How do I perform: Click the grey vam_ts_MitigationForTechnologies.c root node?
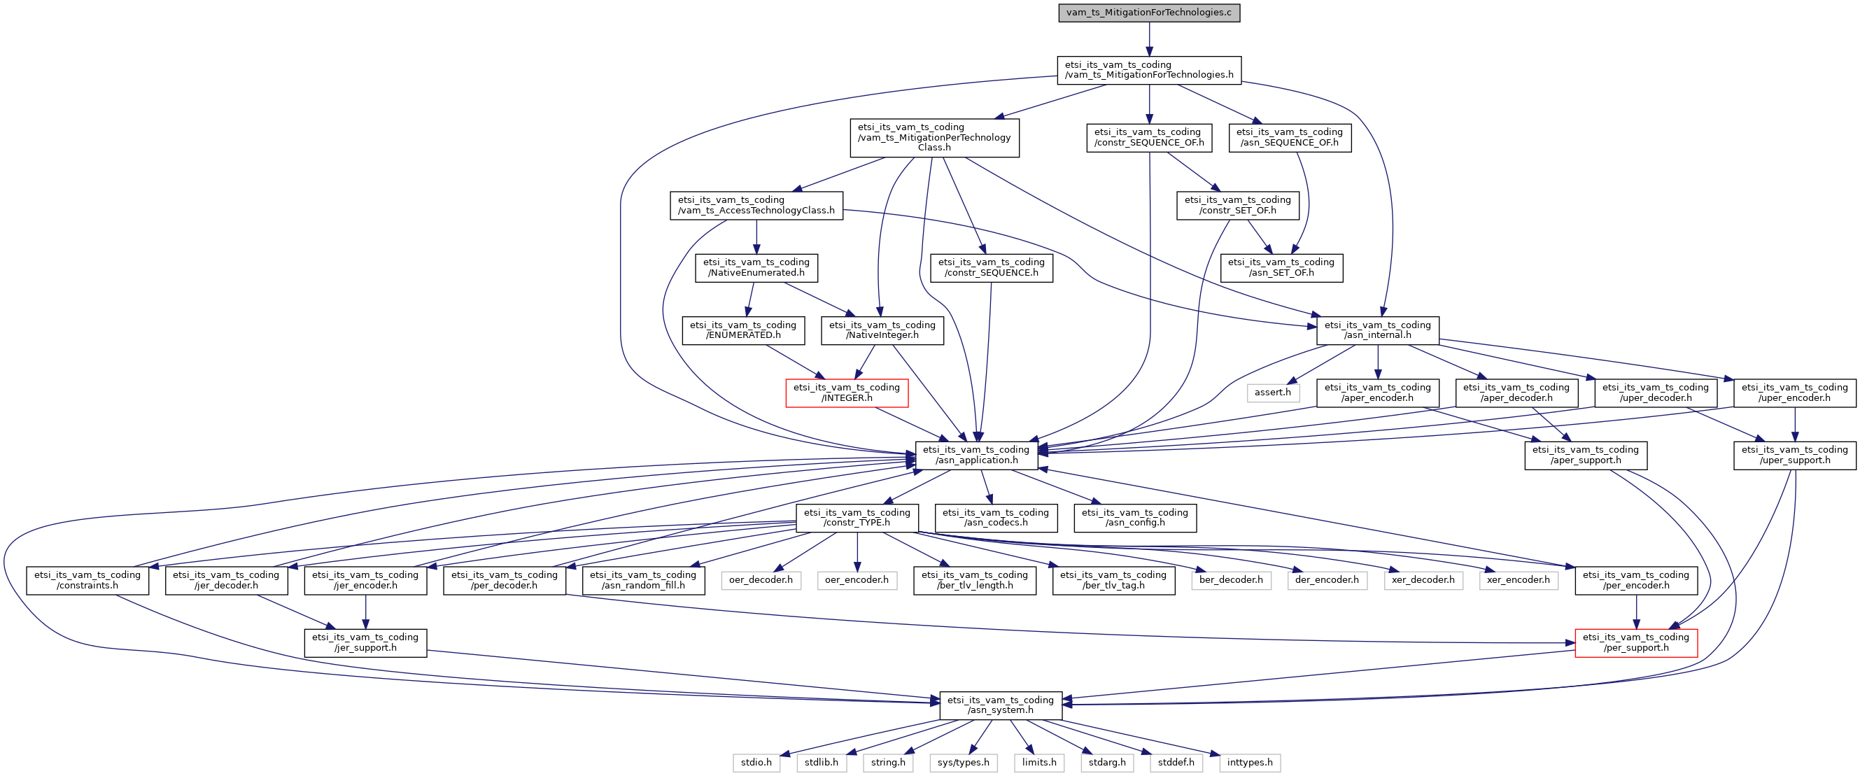coord(1149,13)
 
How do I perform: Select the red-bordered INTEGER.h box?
coord(846,393)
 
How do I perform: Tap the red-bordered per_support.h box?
coord(1635,642)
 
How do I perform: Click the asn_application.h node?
coord(976,455)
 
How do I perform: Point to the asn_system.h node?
coord(1000,705)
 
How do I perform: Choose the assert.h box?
coord(1272,393)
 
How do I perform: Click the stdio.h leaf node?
coord(756,762)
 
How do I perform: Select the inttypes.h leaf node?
coord(1250,762)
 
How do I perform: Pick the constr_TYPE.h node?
coord(857,518)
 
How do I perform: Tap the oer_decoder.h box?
coord(761,579)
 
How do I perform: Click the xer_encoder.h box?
coord(1519,579)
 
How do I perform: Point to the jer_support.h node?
coord(365,642)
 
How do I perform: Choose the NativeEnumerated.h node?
coord(756,267)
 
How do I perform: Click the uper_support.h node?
coord(1794,455)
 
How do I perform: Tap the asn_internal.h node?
coord(1377,330)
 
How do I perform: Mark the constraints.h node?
coord(87,580)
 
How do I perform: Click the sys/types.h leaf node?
coord(963,762)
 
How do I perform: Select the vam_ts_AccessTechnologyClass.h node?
coord(756,205)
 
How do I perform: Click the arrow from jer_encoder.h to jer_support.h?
coord(365,612)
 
